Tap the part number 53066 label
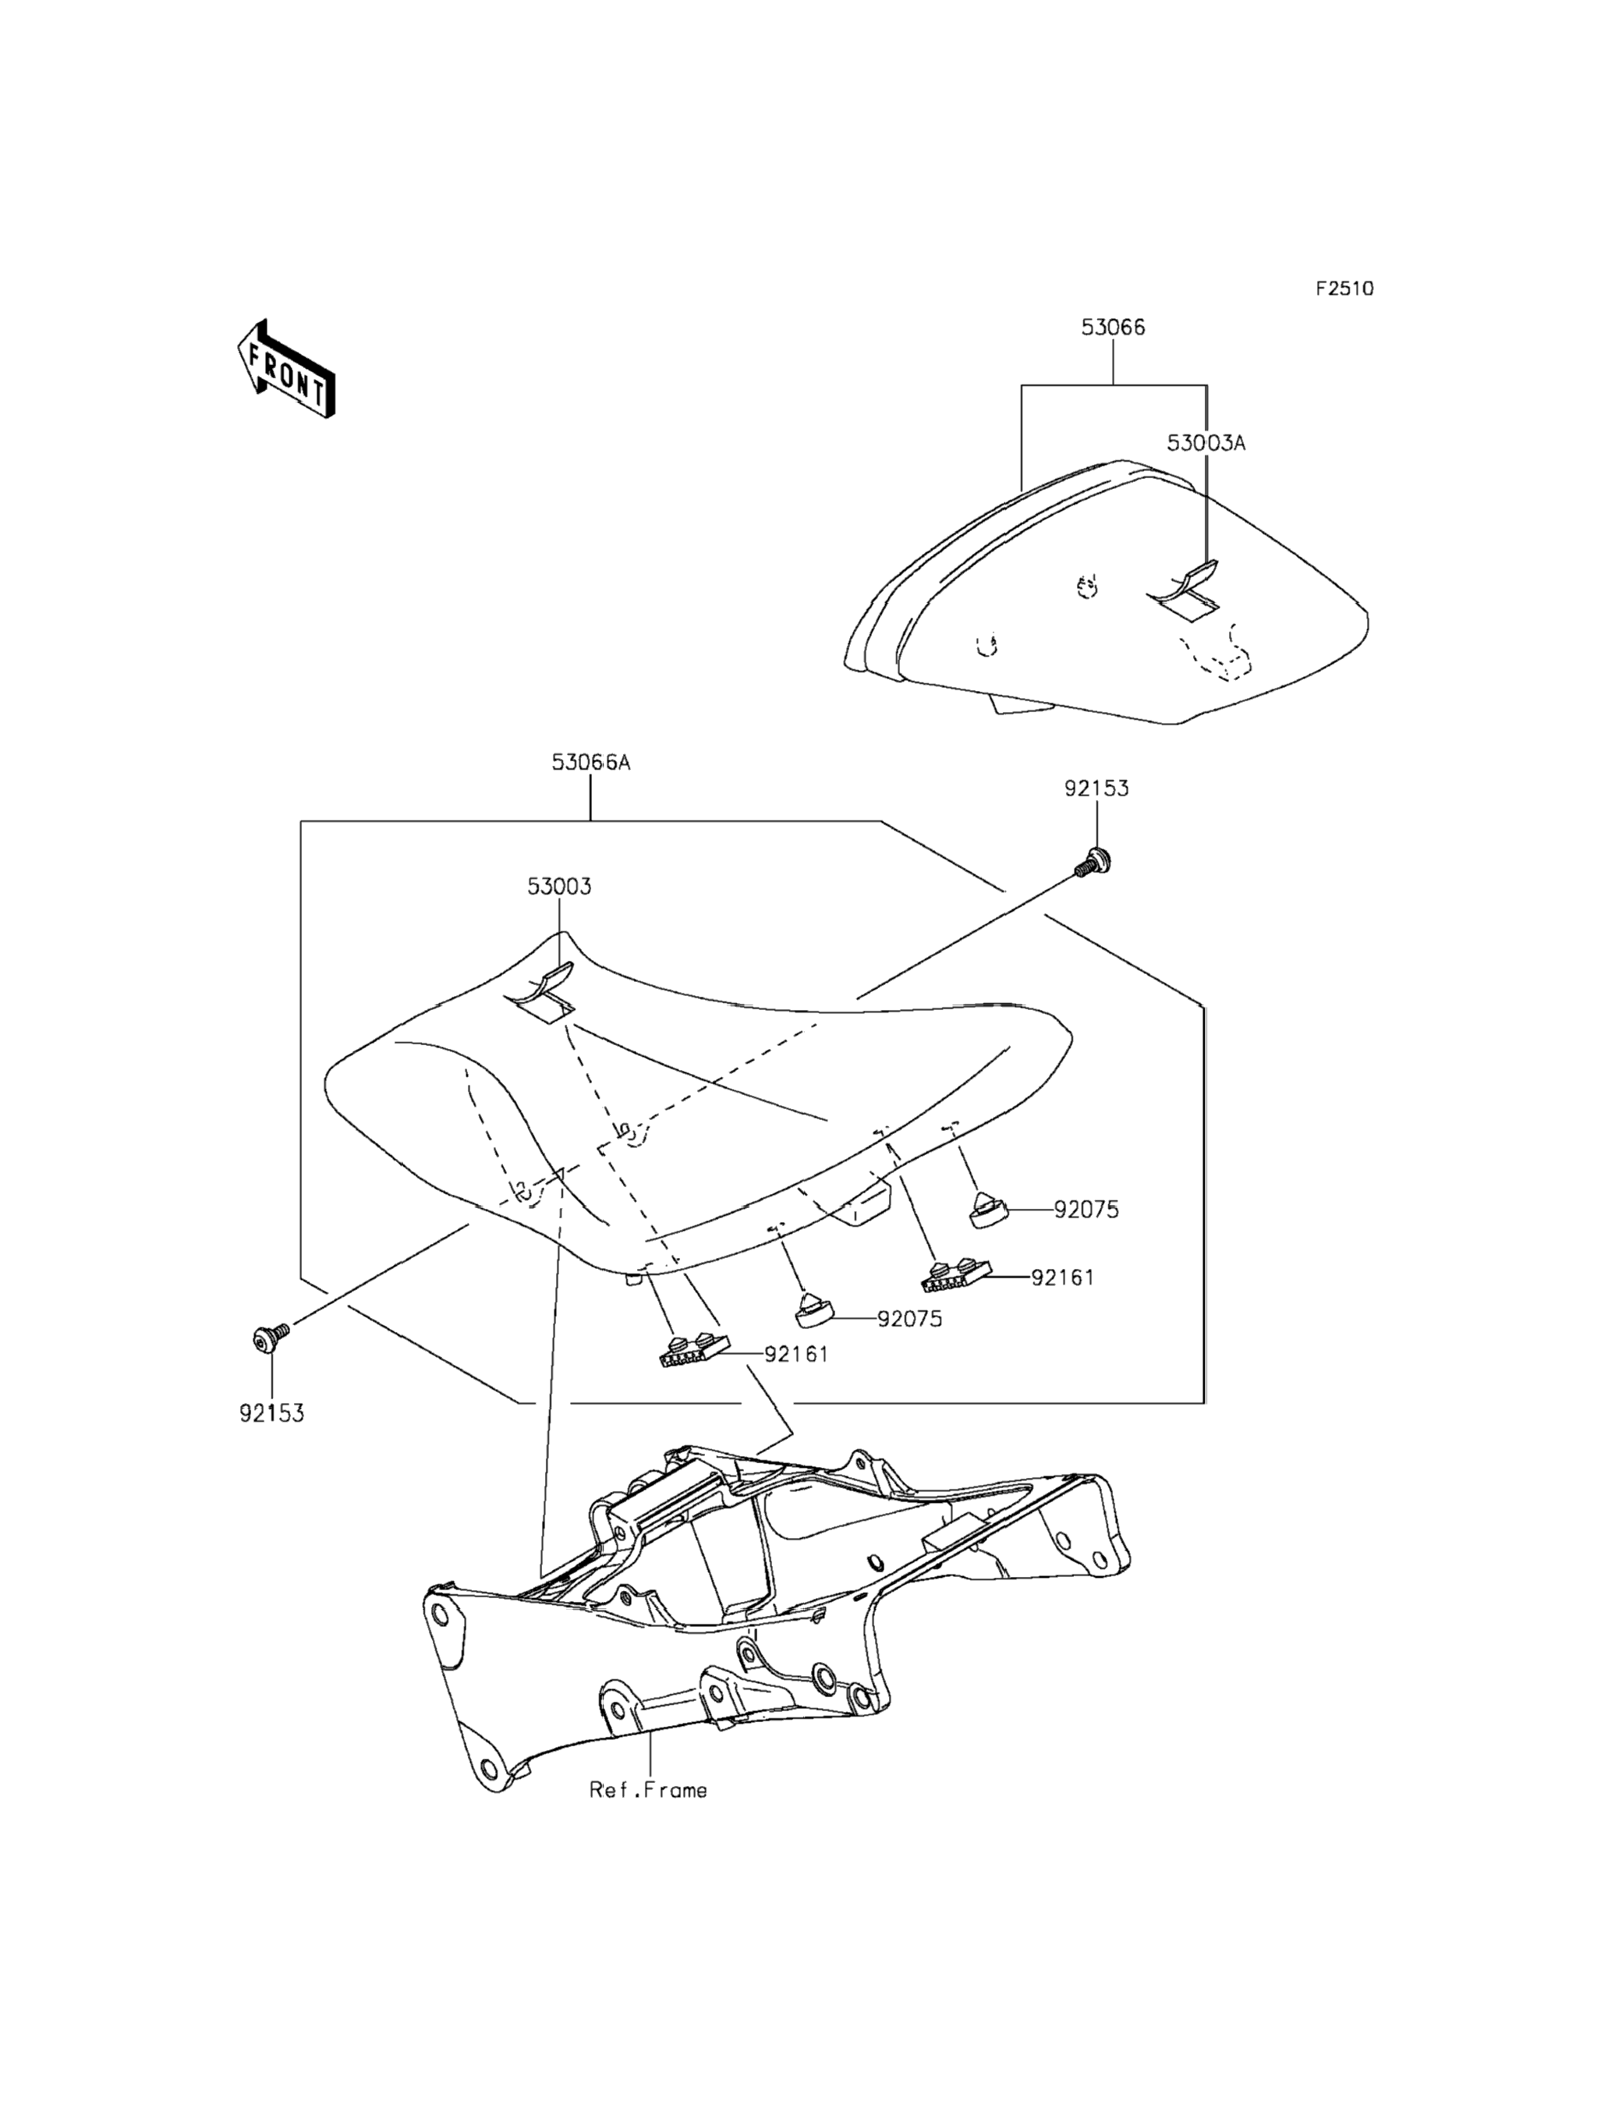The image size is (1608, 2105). (x=1112, y=328)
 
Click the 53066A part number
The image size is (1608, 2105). (x=590, y=762)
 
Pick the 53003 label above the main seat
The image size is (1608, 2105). (x=559, y=887)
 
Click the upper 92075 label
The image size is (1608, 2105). (x=1086, y=1210)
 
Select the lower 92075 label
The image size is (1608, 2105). (x=909, y=1319)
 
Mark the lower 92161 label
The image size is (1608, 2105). (x=795, y=1355)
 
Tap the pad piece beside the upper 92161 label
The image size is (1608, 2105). (x=955, y=1272)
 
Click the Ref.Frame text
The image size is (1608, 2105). (x=648, y=1790)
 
